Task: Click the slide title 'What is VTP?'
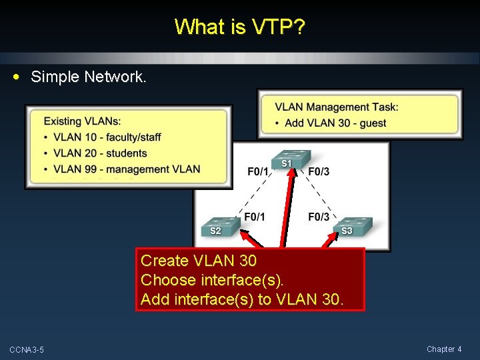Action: click(240, 27)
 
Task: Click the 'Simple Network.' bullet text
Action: click(88, 77)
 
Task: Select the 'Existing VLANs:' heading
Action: click(82, 121)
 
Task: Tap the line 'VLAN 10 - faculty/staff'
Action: click(107, 137)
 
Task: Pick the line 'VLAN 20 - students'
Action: click(100, 153)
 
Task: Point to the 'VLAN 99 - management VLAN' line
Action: click(127, 169)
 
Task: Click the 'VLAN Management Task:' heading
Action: click(337, 107)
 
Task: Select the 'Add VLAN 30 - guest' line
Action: click(335, 123)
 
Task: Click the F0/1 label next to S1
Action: click(258, 172)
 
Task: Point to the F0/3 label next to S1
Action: click(319, 172)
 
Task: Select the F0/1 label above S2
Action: click(254, 217)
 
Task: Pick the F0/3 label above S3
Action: click(319, 217)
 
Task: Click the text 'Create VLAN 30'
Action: click(199, 261)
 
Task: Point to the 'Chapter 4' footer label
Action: click(444, 349)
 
